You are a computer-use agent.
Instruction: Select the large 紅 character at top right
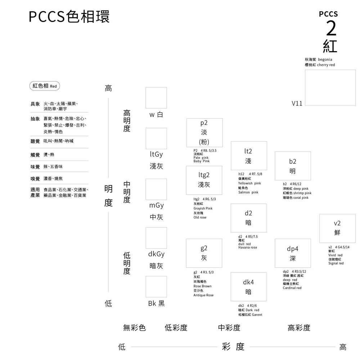(330, 46)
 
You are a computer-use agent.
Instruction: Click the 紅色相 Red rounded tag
(45, 86)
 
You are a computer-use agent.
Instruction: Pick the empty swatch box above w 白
(156, 98)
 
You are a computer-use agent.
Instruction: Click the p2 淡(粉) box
(204, 132)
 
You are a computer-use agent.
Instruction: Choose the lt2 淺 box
(248, 156)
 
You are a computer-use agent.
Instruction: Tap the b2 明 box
(292, 166)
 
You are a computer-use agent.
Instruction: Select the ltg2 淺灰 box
(204, 180)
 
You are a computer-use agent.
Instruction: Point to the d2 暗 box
(248, 218)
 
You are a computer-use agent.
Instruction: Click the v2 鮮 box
(337, 228)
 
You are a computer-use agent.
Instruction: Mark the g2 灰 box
(204, 253)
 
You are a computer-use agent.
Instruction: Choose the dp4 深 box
(292, 253)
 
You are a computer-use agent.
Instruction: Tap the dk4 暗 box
(248, 287)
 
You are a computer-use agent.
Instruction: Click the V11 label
(297, 103)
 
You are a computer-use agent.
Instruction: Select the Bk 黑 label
(157, 303)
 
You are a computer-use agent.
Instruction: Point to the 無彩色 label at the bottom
(134, 328)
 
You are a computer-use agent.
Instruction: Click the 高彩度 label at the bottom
(299, 328)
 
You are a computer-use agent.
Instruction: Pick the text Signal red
(336, 263)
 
